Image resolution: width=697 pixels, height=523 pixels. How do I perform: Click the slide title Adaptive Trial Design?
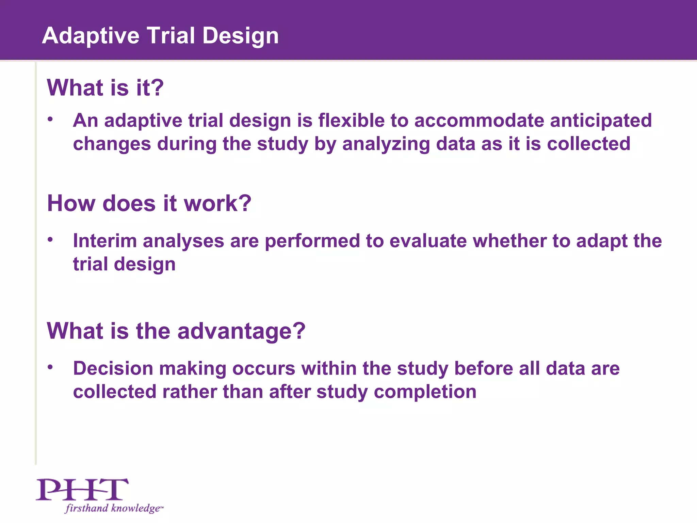(x=160, y=35)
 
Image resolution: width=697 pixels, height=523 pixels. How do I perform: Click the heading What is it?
(x=105, y=88)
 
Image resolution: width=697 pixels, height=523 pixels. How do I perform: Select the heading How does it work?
(x=149, y=203)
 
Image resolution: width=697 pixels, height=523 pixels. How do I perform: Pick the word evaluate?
(x=428, y=241)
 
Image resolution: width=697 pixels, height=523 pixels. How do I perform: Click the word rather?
(x=189, y=392)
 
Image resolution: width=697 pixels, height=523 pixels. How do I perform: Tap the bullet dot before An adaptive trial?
(x=50, y=119)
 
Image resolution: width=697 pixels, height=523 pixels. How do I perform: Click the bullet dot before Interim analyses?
(x=50, y=240)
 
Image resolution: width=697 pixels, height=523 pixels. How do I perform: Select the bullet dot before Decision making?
(x=50, y=367)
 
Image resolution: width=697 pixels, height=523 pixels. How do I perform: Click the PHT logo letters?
(x=82, y=489)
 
